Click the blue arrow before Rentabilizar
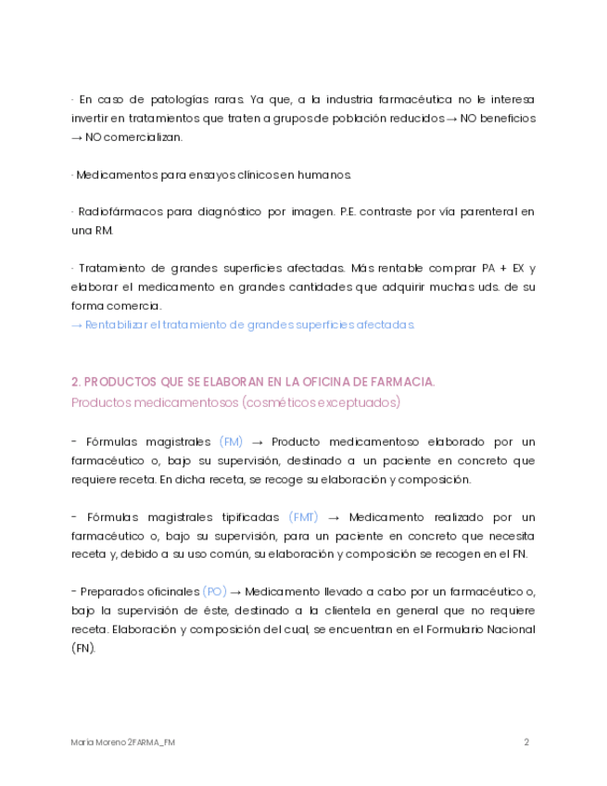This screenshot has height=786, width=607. click(77, 325)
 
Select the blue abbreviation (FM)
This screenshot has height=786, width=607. click(232, 442)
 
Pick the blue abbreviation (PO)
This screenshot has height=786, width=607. click(214, 592)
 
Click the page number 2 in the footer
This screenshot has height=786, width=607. click(526, 742)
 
